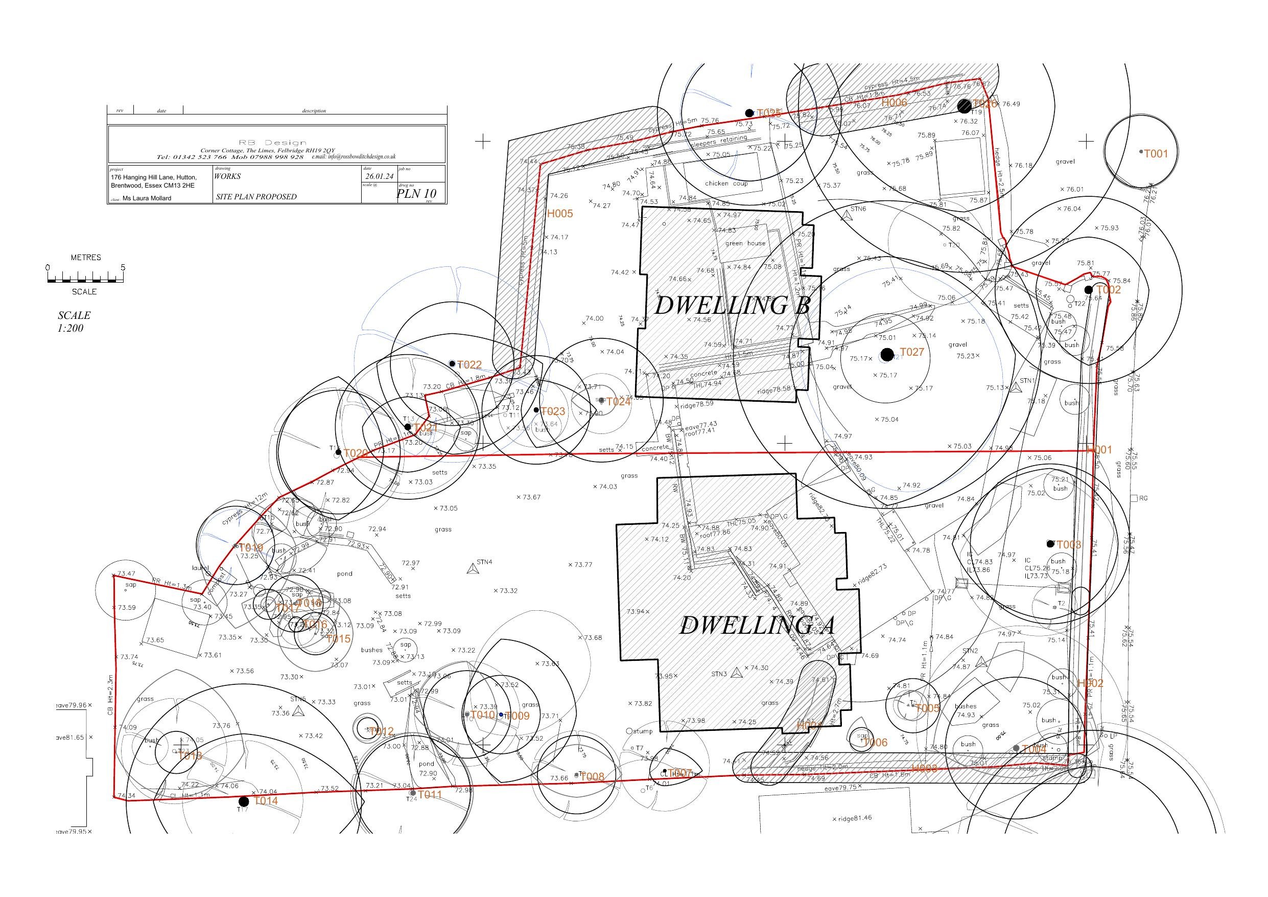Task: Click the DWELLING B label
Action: pos(732,306)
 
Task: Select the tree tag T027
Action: pos(912,353)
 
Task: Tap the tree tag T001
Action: pos(1156,154)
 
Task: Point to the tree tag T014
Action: pos(266,801)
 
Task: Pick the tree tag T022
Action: pos(469,365)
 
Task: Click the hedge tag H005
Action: pos(560,214)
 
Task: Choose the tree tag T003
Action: pos(1069,545)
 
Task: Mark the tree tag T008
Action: pos(593,777)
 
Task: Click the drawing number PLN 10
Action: pos(416,193)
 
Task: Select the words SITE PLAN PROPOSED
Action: pos(256,197)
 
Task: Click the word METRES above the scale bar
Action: pos(86,258)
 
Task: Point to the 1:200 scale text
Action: pos(70,328)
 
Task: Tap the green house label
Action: pos(745,243)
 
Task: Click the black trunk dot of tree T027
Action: pos(887,355)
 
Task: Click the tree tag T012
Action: pos(382,731)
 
